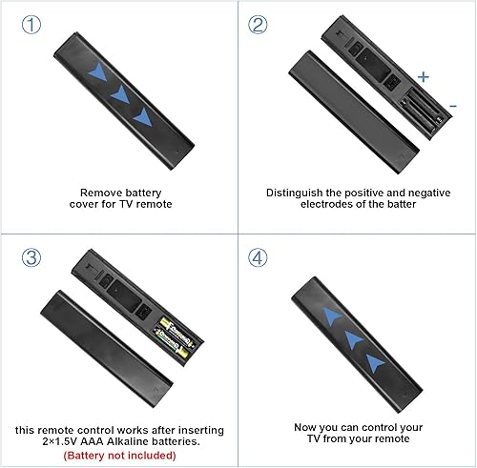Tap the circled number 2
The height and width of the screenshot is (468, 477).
[259, 26]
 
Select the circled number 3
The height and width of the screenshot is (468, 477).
[31, 258]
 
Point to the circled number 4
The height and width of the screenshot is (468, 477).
[259, 258]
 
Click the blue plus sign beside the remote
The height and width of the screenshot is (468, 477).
[424, 75]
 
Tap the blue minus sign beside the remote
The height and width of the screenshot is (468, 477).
[451, 105]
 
